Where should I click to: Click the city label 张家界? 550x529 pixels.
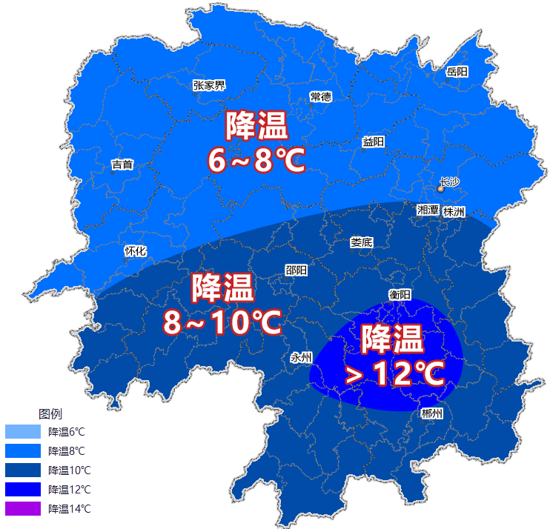click(x=208, y=85)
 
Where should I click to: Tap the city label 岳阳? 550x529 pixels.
click(x=457, y=72)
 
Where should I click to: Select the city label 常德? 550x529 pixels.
click(x=320, y=97)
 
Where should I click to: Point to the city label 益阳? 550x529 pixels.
click(x=374, y=142)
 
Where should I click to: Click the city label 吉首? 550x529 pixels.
click(x=122, y=164)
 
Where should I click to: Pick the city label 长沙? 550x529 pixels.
click(x=450, y=182)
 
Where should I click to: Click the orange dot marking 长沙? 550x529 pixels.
click(x=440, y=189)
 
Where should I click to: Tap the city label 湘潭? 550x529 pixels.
click(x=428, y=210)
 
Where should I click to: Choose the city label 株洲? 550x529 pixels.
click(x=454, y=212)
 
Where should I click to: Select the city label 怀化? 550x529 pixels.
click(x=135, y=251)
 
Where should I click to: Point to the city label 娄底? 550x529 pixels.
click(x=361, y=242)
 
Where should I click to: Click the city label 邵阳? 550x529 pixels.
click(x=296, y=270)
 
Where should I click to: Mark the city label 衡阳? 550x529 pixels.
click(x=400, y=295)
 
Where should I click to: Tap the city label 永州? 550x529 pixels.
click(x=301, y=358)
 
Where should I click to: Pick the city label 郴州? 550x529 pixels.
click(x=431, y=413)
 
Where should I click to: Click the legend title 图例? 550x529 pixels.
click(x=50, y=413)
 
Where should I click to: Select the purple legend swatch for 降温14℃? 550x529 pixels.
click(x=22, y=509)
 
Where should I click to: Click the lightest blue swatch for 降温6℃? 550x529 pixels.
click(x=22, y=432)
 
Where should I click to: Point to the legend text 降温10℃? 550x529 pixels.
click(x=70, y=470)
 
